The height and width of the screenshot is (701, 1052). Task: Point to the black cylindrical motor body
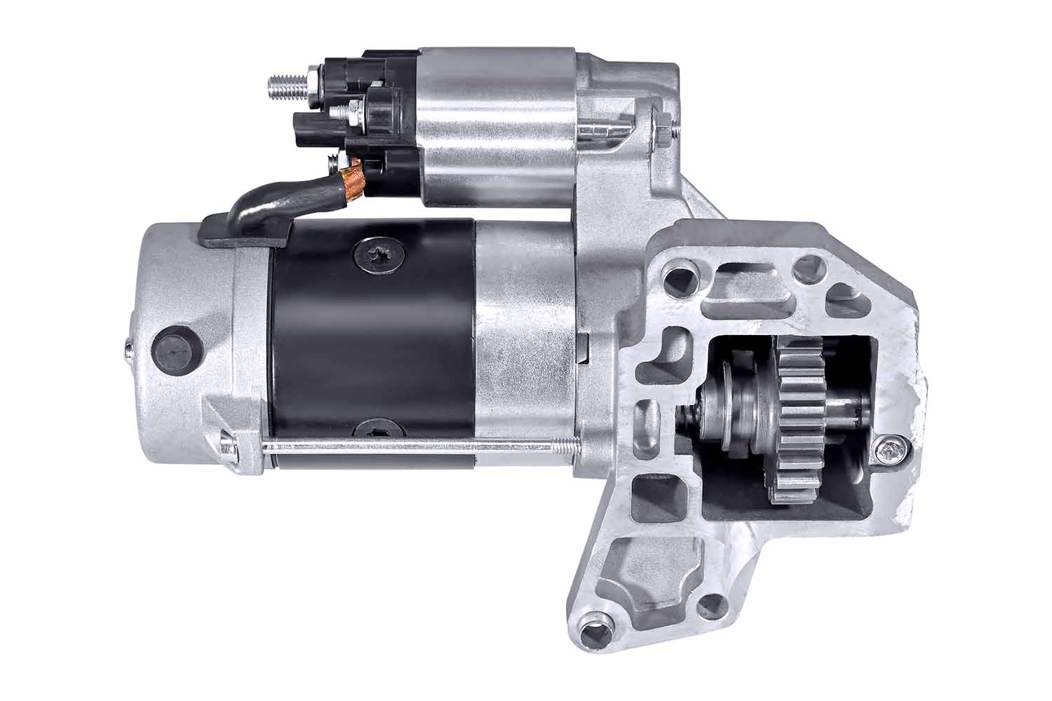372,343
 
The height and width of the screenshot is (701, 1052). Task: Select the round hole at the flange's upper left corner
677,273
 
